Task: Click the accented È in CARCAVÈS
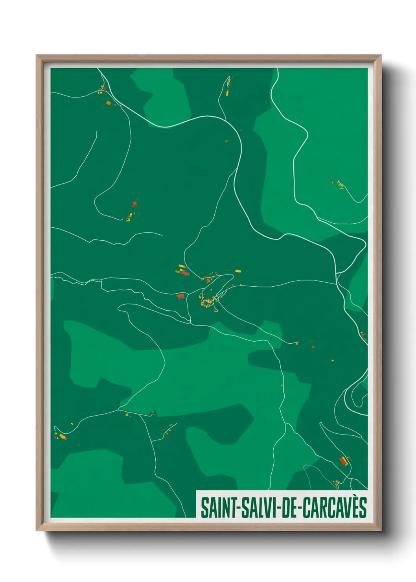click(355, 507)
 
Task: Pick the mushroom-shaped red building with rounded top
click(134, 204)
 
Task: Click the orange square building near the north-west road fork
click(109, 103)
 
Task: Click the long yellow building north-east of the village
click(237, 271)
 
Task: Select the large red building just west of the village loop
click(180, 296)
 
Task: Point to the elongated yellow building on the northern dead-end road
click(227, 93)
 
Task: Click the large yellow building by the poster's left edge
click(62, 436)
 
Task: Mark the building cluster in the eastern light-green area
click(339, 184)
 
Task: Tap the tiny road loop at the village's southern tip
click(215, 310)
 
